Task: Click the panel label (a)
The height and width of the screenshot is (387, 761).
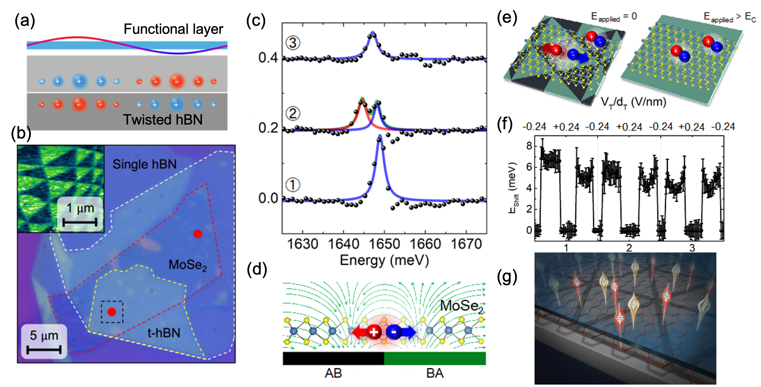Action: click(25, 21)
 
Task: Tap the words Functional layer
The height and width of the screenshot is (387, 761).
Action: click(173, 29)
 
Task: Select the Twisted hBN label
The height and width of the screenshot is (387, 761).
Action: click(163, 120)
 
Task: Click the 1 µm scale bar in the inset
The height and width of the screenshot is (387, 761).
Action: click(80, 222)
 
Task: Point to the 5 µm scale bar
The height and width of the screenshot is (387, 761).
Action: click(44, 350)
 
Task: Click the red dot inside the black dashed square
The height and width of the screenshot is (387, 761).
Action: click(112, 312)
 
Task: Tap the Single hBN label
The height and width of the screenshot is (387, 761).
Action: click(144, 164)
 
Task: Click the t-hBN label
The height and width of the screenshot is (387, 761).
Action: click(164, 333)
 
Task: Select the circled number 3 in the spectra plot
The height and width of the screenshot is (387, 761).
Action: click(293, 43)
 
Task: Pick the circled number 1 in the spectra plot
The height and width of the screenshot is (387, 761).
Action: click(293, 184)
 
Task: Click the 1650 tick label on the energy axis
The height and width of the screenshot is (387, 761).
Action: click(384, 244)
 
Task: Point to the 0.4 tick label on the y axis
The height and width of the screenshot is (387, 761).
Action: click(268, 58)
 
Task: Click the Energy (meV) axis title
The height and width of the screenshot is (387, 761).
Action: click(384, 260)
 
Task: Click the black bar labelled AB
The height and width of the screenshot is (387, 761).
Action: click(333, 358)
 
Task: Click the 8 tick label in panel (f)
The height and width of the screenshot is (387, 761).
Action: click(529, 146)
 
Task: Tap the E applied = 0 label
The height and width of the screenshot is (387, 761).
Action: click(614, 17)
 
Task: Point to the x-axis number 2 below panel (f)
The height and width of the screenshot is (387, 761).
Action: click(629, 248)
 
